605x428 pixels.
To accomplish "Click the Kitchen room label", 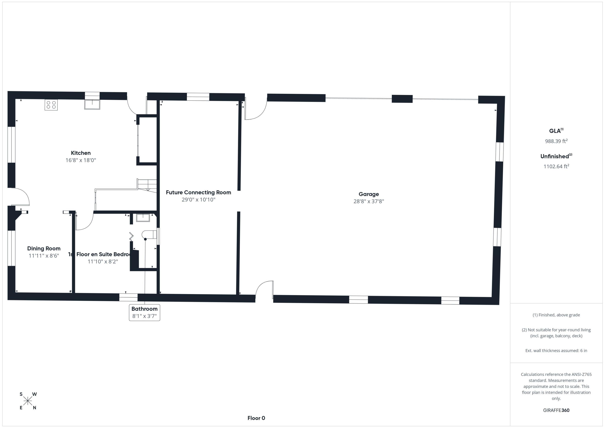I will [81, 153].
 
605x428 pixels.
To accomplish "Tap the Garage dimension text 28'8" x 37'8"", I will [369, 201].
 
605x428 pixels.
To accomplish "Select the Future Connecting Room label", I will [198, 192].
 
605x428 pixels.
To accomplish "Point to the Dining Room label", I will [44, 248].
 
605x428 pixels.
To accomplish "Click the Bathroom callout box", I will [144, 312].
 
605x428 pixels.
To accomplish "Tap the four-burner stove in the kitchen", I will [51, 105].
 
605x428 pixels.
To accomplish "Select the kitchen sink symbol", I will [92, 104].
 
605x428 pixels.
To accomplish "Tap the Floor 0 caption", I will [256, 418].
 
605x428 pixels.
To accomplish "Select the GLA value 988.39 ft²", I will [556, 141].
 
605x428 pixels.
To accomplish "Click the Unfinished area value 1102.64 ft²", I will [556, 166].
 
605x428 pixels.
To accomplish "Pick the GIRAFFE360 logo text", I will [556, 410].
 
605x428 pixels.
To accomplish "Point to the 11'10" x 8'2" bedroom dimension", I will [103, 261].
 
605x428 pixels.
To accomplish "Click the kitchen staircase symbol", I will [147, 185].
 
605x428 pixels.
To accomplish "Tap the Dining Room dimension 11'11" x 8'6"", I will [44, 256].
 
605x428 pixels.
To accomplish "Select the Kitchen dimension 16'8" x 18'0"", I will [81, 160].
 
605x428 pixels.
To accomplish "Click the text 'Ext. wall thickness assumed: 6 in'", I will [556, 351].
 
